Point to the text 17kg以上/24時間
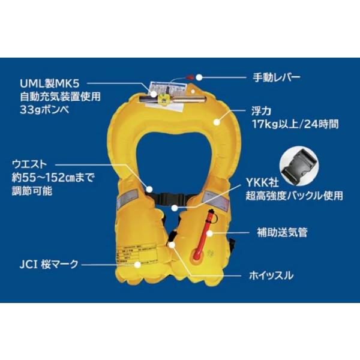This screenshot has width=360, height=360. [296, 125]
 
